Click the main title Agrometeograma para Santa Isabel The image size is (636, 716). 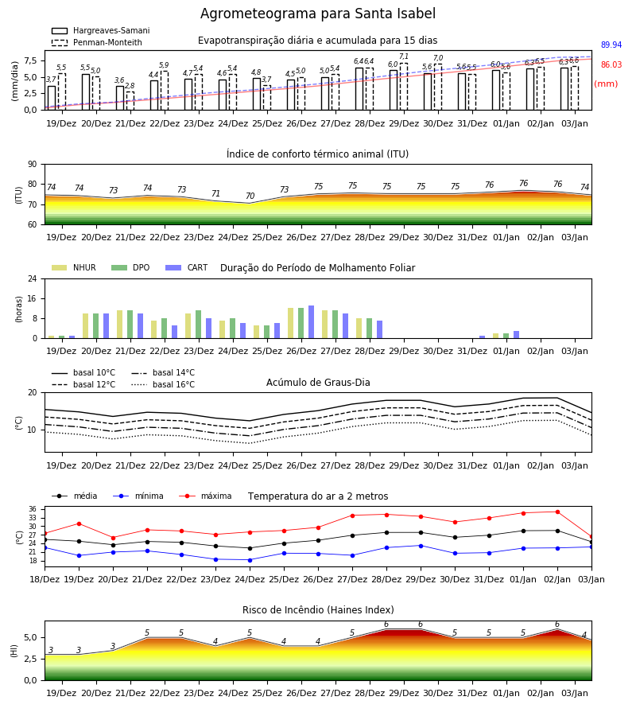point(318,14)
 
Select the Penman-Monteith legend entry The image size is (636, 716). point(97,42)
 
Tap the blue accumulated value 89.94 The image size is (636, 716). point(611,45)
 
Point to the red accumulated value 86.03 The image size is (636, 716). point(611,65)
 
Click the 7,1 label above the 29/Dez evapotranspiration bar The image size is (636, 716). point(404,56)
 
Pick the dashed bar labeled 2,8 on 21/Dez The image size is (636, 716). point(130,101)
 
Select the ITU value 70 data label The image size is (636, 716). point(250,196)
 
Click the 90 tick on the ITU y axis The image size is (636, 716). point(33,165)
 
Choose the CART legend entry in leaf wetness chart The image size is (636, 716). point(187,267)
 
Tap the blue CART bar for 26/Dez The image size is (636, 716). point(311,322)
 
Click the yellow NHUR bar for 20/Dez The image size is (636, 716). point(85,326)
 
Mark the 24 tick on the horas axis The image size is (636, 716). point(33,278)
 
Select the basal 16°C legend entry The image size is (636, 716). point(163,384)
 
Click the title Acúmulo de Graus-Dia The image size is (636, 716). point(318,383)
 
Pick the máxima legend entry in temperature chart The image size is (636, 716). point(205,496)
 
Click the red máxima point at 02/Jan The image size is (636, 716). point(557,512)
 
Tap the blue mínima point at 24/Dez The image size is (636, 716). point(250,560)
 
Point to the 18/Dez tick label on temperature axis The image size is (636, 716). point(45,579)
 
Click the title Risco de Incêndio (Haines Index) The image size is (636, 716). point(318,610)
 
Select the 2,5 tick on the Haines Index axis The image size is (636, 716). point(31,659)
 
